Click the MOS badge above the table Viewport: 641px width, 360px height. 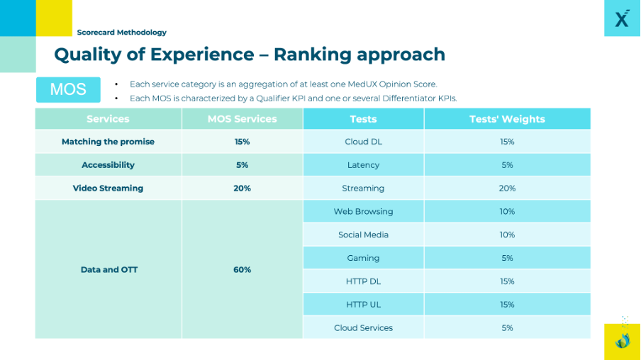tap(68, 89)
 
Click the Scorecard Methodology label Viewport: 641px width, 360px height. tap(122, 32)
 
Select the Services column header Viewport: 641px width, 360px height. tap(108, 119)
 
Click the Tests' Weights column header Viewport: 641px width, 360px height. tap(507, 119)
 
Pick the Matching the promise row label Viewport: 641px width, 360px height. tap(108, 142)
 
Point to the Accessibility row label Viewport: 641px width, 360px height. tap(108, 165)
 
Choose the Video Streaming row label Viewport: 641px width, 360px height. tap(108, 189)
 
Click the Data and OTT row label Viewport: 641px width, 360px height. tap(109, 269)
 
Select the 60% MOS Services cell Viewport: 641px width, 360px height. tap(242, 269)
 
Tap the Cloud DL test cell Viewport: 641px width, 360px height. tap(363, 142)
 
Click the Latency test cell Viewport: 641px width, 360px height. tap(363, 165)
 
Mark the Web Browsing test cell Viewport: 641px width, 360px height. tap(363, 211)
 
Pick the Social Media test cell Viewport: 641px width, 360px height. tap(363, 235)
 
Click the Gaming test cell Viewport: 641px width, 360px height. tap(363, 258)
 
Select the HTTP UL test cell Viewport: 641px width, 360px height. tap(363, 305)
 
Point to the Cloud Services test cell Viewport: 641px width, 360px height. tap(363, 328)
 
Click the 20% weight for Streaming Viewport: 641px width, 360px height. tap(507, 189)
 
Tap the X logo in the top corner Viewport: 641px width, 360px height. tap(622, 18)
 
